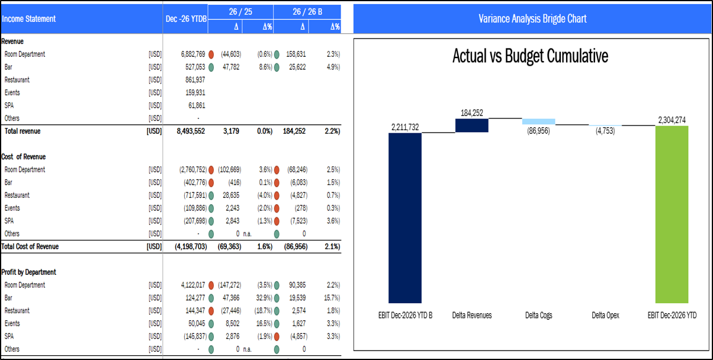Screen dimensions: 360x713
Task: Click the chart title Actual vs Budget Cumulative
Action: (x=530, y=57)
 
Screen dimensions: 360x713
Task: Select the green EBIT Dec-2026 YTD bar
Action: (x=672, y=213)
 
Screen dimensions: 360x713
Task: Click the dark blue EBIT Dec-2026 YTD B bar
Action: (x=405, y=217)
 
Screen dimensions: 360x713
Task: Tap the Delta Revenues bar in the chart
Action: (x=471, y=126)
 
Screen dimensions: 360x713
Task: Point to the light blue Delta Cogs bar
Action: (x=538, y=121)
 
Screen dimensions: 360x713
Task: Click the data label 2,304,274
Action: (x=673, y=120)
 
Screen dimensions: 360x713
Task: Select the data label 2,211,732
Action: (x=406, y=127)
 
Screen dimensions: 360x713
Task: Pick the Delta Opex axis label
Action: (x=605, y=316)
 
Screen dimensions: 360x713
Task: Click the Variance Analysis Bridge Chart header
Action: (x=532, y=19)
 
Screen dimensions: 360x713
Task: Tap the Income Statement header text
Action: (x=28, y=19)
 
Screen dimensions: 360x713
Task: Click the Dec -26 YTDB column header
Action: (x=186, y=19)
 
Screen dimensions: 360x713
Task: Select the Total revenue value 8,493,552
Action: (x=191, y=131)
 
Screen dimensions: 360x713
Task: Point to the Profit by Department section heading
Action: (x=29, y=272)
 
